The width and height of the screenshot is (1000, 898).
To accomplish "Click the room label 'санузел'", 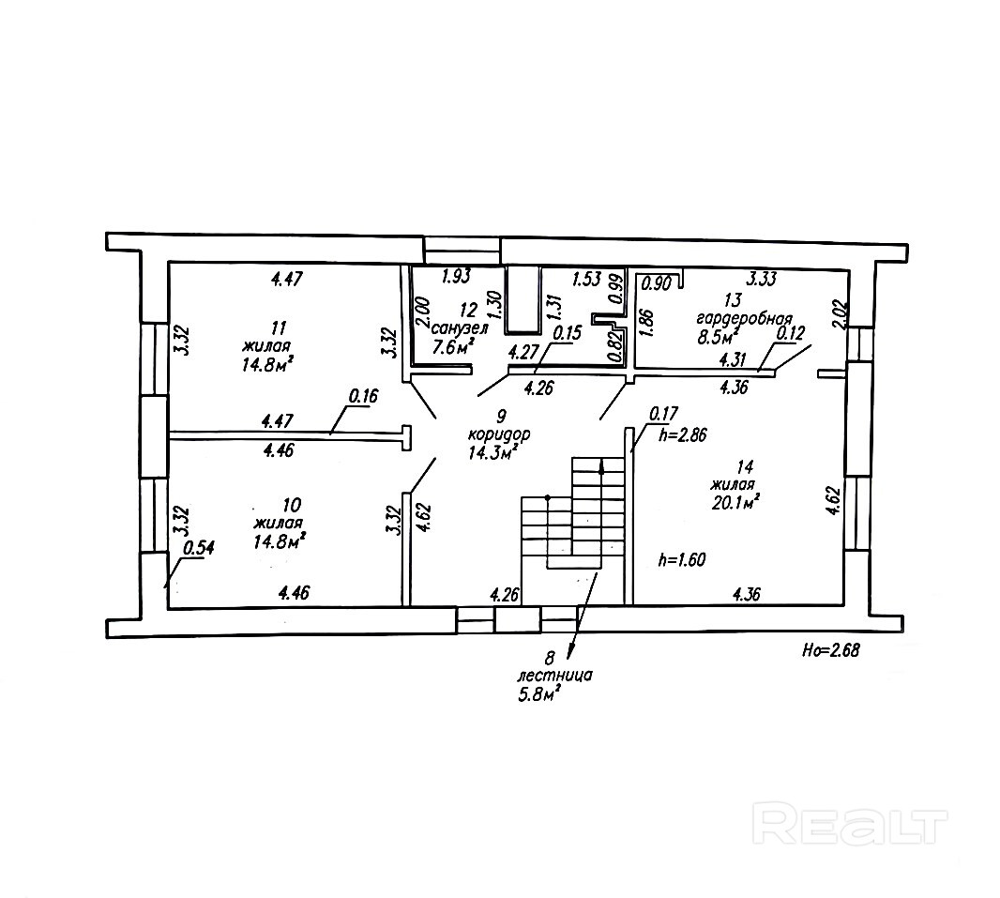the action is (x=460, y=328).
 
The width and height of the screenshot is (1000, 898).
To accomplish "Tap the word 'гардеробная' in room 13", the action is (x=744, y=318).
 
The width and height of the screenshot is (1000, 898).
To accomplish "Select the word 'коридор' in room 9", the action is (x=499, y=435).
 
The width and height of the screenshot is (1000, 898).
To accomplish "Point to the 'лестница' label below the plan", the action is (x=554, y=676).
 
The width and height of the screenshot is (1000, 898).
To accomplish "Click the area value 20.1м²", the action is (x=735, y=503).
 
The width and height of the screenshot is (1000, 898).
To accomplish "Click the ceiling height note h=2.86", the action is (x=684, y=435).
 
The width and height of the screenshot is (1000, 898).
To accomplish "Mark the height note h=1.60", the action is (x=681, y=560).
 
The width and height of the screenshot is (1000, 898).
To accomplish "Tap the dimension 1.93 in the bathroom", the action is (x=456, y=276).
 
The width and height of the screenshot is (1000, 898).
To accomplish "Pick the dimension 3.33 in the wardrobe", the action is (x=761, y=279).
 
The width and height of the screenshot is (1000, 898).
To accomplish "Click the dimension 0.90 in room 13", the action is (x=657, y=283).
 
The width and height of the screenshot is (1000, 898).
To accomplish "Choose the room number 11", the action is (x=277, y=329).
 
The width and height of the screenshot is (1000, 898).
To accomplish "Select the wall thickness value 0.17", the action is (x=663, y=413).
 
